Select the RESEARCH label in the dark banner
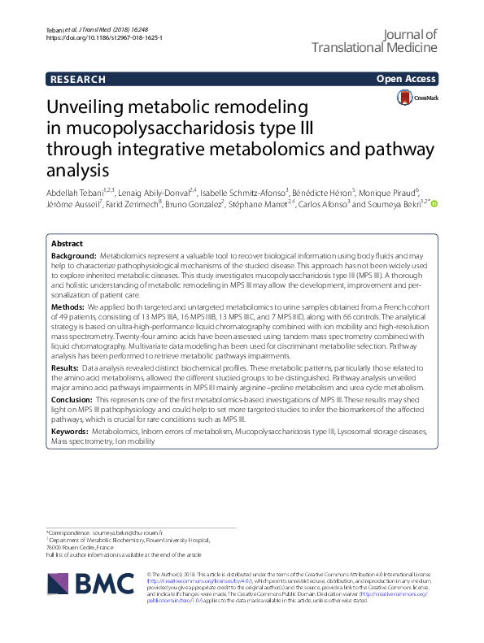coord(78,80)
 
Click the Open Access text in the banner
coord(405,80)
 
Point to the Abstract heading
coord(67,244)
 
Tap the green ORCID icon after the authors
coord(434,204)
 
